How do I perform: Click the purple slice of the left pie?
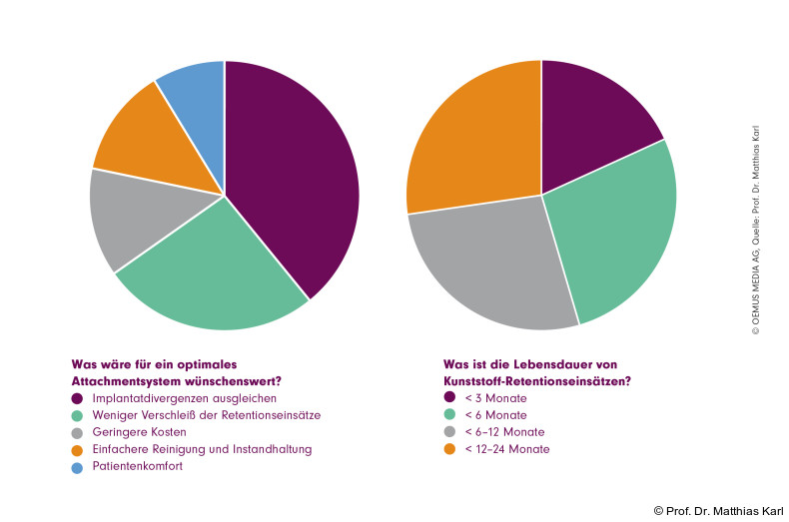[x=295, y=180]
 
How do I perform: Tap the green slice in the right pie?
[x=619, y=240]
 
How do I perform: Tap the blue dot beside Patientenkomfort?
[x=77, y=466]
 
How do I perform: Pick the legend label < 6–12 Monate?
[x=506, y=432]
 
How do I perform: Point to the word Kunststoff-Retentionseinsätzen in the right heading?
[x=536, y=381]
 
